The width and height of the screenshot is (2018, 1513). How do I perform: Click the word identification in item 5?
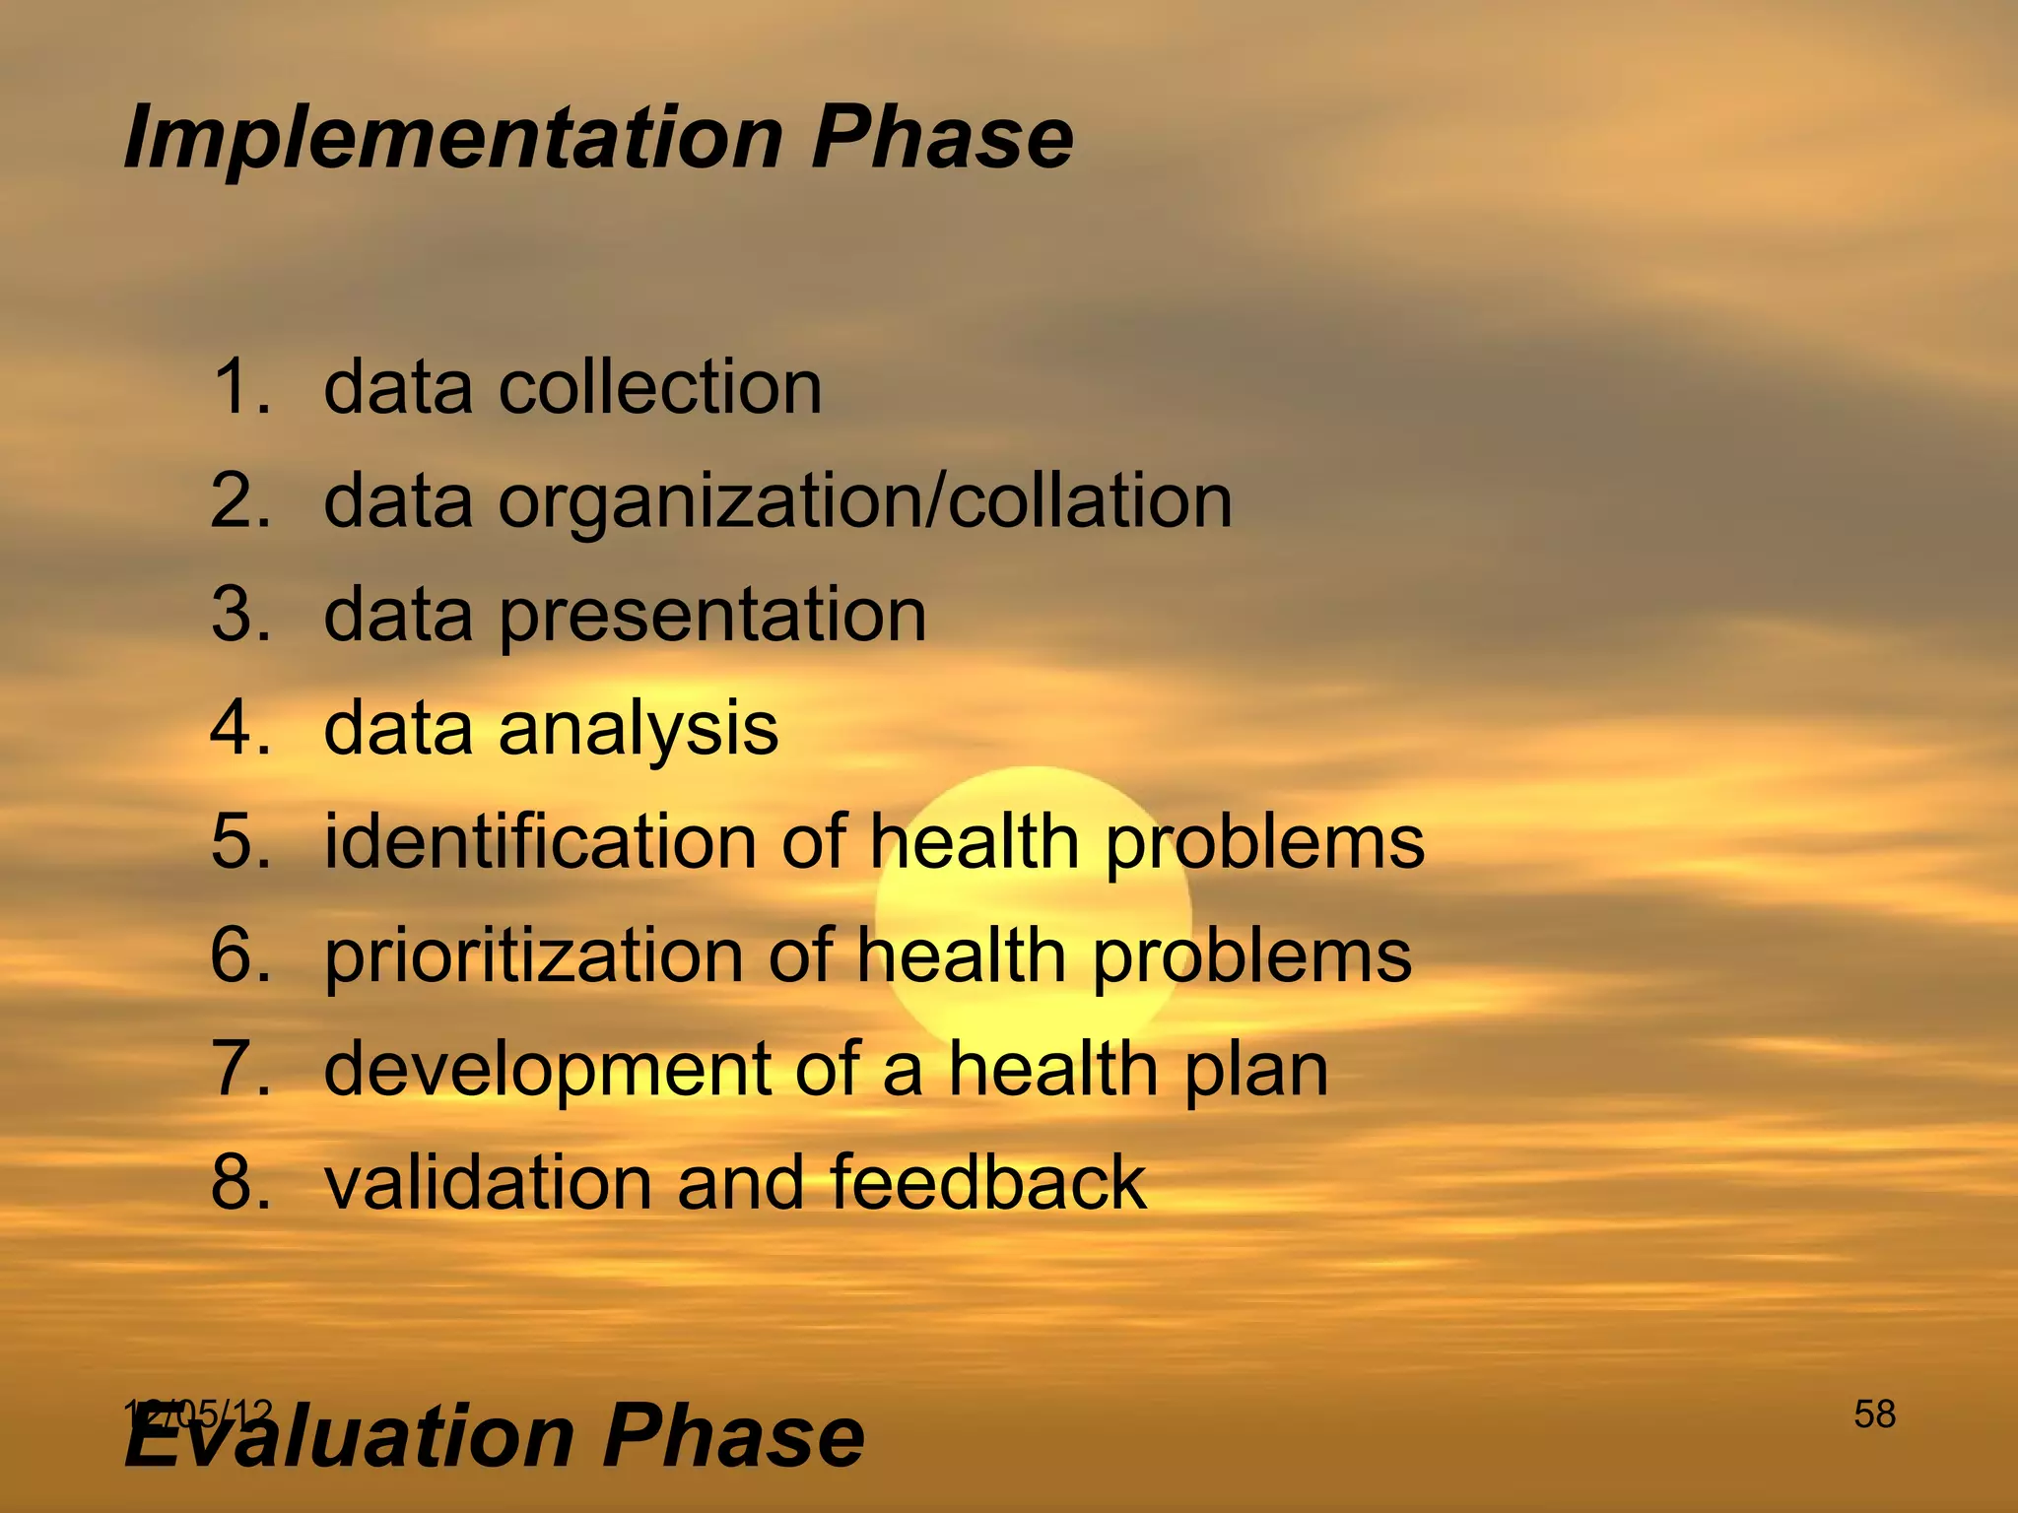click(539, 842)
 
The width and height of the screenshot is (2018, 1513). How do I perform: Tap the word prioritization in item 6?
click(533, 955)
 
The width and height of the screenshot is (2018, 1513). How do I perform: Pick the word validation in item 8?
click(488, 1182)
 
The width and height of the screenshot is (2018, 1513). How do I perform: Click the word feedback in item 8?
click(988, 1182)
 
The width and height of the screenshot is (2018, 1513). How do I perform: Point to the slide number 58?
click(1874, 1414)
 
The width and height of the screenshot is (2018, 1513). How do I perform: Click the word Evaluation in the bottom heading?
click(350, 1436)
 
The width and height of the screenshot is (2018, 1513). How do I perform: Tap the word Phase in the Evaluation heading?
click(733, 1436)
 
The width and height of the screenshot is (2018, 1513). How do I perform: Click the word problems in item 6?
click(1251, 955)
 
